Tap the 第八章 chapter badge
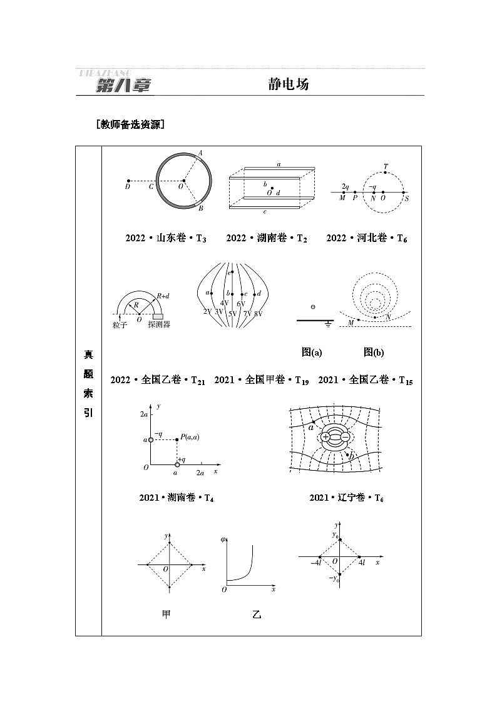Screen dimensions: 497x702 (x=123, y=86)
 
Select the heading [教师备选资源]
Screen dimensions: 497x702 (x=130, y=124)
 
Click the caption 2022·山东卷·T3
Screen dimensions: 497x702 (x=166, y=238)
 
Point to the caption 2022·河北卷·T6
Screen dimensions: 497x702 (x=367, y=238)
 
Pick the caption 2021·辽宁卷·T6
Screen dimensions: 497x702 (x=346, y=498)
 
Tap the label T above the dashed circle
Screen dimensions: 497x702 (x=386, y=167)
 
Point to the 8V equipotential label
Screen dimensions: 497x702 (x=258, y=312)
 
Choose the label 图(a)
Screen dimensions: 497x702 (x=311, y=353)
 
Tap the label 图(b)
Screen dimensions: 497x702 (x=374, y=353)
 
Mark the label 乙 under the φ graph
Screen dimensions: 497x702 (x=256, y=615)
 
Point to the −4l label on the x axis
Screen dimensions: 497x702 (x=315, y=563)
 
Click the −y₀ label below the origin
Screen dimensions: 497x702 (x=334, y=579)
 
